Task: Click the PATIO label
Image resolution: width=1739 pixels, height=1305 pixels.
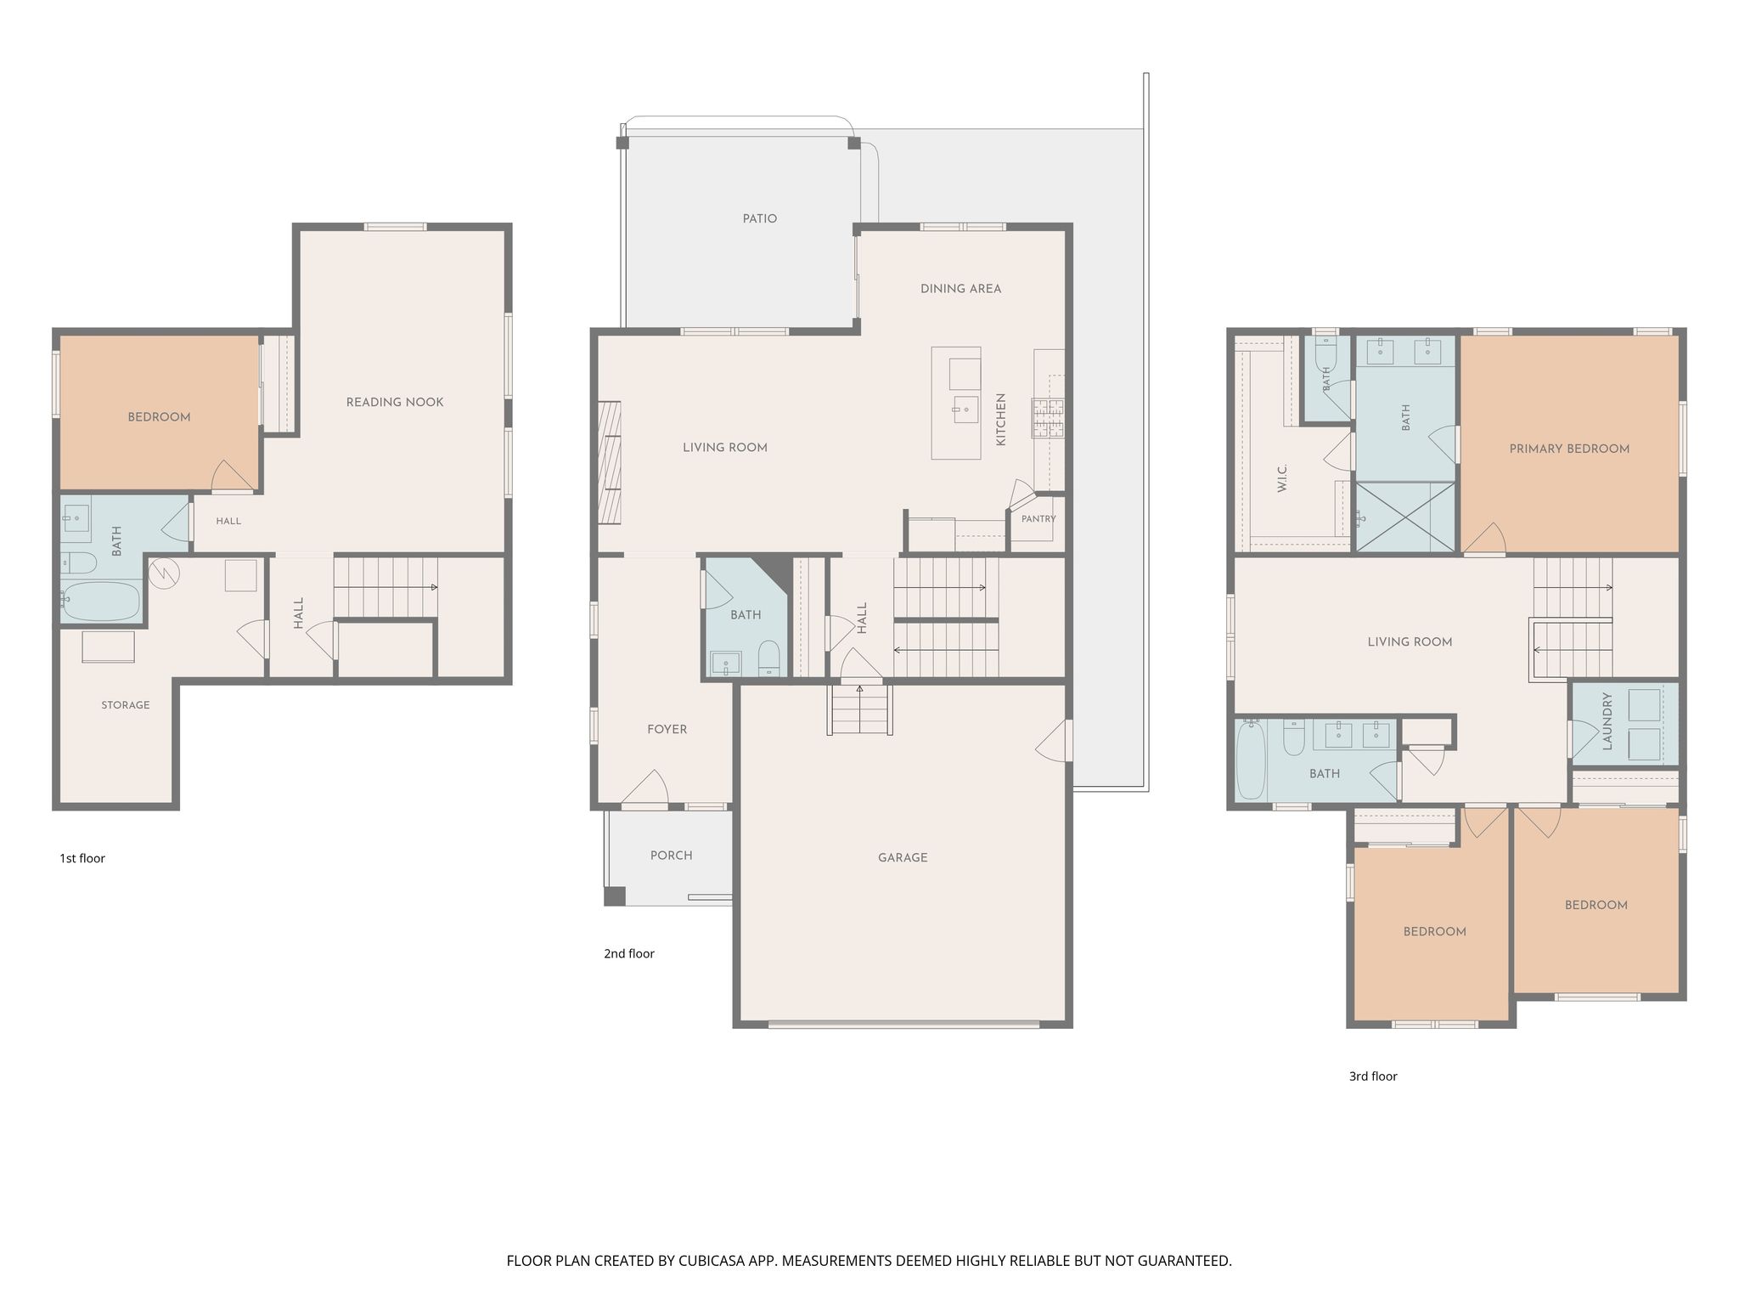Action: click(x=759, y=218)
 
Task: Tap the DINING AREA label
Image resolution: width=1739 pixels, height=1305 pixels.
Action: click(x=960, y=289)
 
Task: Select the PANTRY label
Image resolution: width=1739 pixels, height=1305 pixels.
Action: click(x=1038, y=518)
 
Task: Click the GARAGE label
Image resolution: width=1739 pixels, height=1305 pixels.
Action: click(x=903, y=858)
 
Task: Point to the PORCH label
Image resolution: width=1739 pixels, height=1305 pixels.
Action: click(x=671, y=856)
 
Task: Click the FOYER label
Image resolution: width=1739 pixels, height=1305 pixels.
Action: click(x=667, y=729)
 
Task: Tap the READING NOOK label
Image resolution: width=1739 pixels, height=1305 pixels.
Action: click(x=395, y=402)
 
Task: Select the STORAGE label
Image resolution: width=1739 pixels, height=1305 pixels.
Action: click(x=126, y=705)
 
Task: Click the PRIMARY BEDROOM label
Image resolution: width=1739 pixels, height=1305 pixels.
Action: click(x=1569, y=449)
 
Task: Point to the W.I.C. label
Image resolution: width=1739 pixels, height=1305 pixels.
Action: click(x=1282, y=478)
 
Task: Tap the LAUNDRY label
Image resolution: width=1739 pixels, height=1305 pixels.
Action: click(x=1607, y=721)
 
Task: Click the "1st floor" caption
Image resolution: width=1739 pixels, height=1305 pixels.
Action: click(x=82, y=858)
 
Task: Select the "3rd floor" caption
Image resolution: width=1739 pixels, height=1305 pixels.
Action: click(x=1373, y=1076)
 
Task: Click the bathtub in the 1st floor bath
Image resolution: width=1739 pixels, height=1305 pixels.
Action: click(x=100, y=600)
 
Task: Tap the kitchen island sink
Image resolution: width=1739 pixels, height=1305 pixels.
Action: click(x=963, y=410)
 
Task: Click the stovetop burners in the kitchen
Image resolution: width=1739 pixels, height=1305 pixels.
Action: click(x=1049, y=418)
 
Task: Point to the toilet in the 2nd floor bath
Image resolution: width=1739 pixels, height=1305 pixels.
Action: click(x=768, y=658)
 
